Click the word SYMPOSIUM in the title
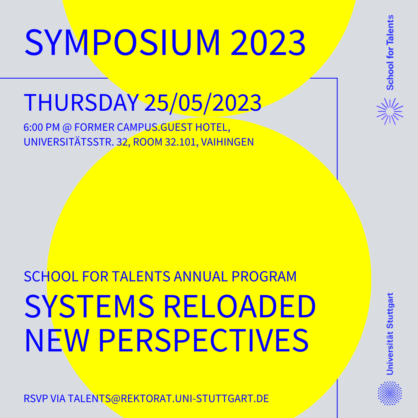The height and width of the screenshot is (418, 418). (122, 43)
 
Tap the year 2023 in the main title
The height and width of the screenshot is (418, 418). (268, 43)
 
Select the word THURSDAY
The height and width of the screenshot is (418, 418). (81, 103)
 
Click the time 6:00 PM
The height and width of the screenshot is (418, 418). (41, 127)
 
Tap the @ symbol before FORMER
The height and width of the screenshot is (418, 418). (67, 128)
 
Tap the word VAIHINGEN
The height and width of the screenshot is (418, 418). (227, 142)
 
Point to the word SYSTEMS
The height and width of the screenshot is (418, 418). (89, 306)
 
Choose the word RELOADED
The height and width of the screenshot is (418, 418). (240, 306)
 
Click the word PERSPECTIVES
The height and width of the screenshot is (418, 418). (204, 341)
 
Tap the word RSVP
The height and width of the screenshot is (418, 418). (36, 399)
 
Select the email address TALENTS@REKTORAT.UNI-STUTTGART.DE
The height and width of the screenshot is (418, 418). (168, 399)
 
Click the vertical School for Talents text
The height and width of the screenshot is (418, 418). (390, 53)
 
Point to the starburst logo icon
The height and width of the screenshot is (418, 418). (390, 111)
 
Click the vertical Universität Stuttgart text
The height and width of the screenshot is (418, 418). (390, 334)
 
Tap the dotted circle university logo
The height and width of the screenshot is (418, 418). (390, 393)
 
